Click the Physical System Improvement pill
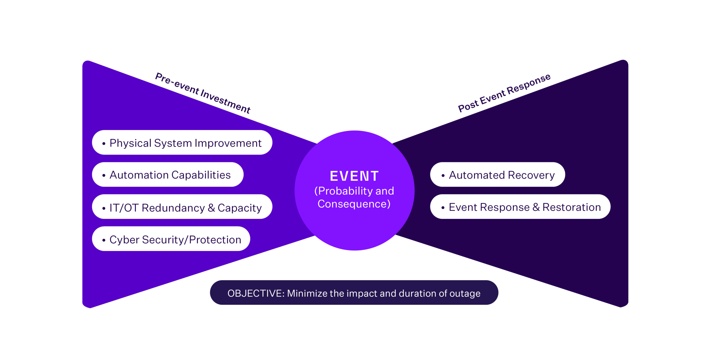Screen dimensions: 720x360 coord(182,142)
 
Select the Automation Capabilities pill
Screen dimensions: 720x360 coord(168,174)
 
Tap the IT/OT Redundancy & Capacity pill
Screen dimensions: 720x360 coord(182,206)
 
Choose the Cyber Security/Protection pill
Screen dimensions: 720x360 coord(171,238)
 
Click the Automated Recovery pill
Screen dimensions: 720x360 coord(498,174)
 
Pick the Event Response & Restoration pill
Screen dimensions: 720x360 coord(520,206)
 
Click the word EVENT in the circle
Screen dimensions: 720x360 coord(354,176)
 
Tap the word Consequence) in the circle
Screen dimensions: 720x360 coord(354,204)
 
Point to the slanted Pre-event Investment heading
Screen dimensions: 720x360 coord(203,93)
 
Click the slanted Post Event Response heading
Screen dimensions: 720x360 coord(504,93)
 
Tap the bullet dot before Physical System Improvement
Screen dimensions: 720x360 coord(104,143)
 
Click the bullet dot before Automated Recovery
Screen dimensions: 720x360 coord(443,175)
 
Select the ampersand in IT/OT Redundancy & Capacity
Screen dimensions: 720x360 coord(211,208)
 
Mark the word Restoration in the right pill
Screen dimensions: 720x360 coord(571,207)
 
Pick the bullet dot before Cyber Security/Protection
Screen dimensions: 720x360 coord(104,240)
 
